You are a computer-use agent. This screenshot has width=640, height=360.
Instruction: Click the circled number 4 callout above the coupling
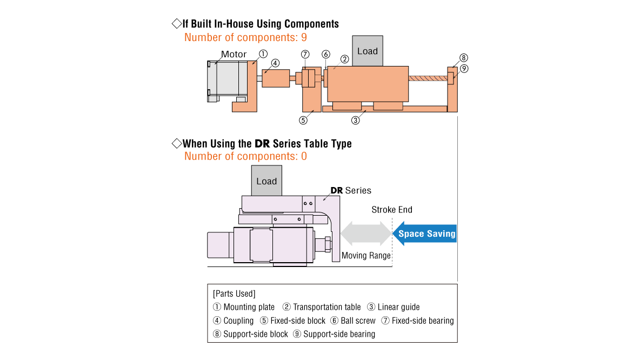pos(275,63)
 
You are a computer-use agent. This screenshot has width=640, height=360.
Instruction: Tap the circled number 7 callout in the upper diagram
pos(305,54)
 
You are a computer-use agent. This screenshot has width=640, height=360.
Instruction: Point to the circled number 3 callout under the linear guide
pos(355,120)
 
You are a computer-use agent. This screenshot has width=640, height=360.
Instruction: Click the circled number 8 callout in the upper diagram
pos(463,58)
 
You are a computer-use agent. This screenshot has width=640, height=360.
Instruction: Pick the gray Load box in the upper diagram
pos(368,51)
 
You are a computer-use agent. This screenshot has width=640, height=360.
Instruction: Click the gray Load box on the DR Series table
pos(266,181)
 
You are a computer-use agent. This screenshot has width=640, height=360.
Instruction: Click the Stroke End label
pos(391,210)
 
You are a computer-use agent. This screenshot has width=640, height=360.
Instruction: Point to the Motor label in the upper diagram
pos(234,54)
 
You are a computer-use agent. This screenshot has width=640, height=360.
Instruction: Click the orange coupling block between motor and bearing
pos(276,78)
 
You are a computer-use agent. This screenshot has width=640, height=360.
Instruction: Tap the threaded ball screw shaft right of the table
pos(428,78)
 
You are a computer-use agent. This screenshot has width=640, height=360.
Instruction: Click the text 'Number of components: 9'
pos(245,37)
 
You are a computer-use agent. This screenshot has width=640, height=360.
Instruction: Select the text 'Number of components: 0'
pos(245,156)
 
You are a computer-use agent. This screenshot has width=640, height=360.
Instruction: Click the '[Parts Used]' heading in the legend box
pos(234,294)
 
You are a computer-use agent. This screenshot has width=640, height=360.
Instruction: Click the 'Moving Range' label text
pos(366,256)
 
